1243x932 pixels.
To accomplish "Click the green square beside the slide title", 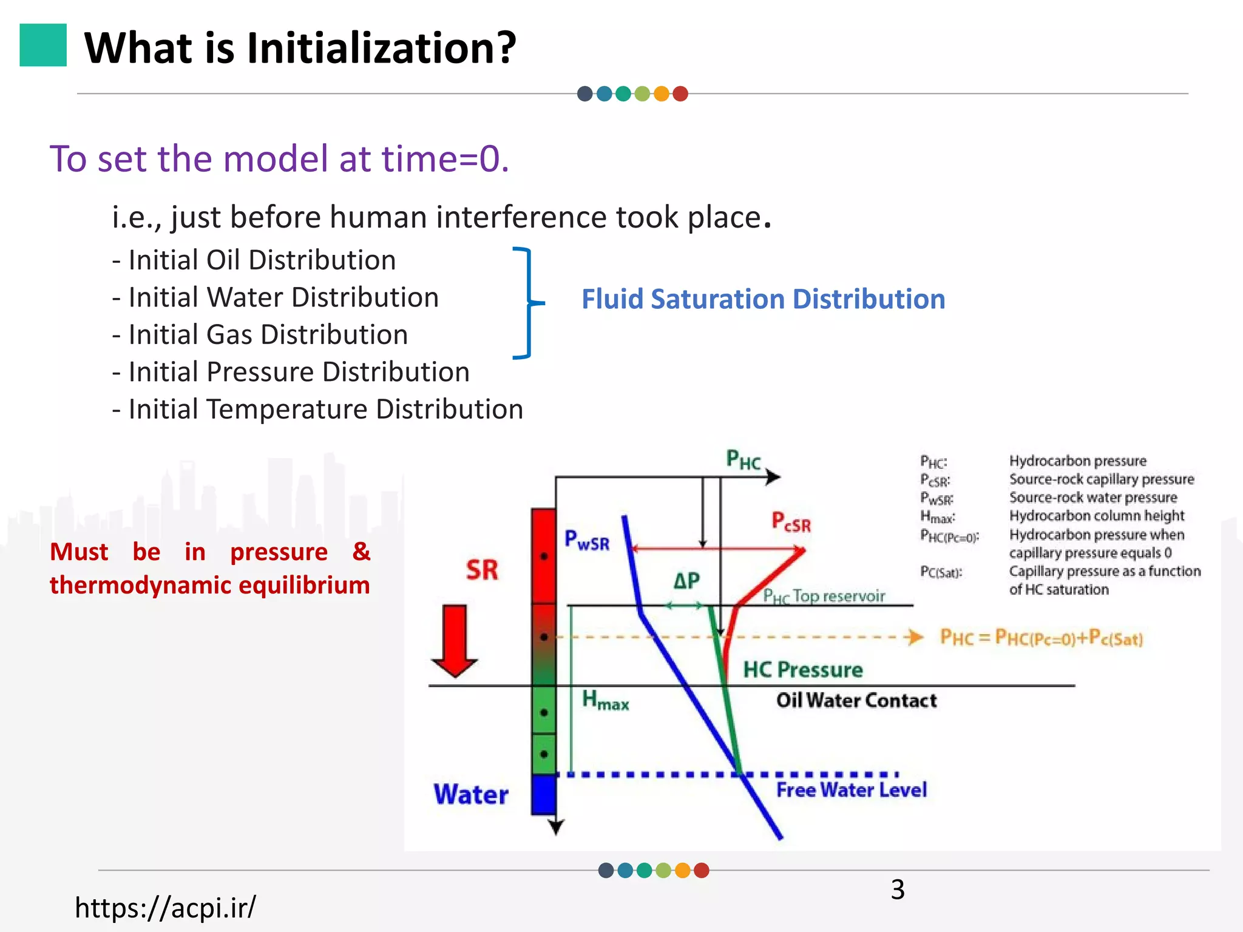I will pyautogui.click(x=43, y=45).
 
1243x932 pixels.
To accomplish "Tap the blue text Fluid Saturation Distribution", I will pyautogui.click(x=763, y=299).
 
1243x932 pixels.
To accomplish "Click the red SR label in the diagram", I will pyautogui.click(x=482, y=570).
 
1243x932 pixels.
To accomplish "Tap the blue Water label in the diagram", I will pyautogui.click(x=471, y=794).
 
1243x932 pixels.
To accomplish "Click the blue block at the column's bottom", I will pyautogui.click(x=543, y=794).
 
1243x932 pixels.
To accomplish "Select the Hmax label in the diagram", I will pyautogui.click(x=605, y=700).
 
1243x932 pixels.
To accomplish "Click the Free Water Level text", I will pyautogui.click(x=851, y=790).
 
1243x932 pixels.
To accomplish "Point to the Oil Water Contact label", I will pyautogui.click(x=856, y=700).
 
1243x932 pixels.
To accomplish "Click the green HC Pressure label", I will pyautogui.click(x=802, y=670).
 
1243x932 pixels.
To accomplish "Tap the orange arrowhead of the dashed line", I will pyautogui.click(x=914, y=637).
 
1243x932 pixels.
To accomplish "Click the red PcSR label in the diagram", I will pyautogui.click(x=790, y=522).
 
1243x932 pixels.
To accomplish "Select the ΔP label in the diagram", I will pyautogui.click(x=686, y=581).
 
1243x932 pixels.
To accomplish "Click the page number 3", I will pyautogui.click(x=898, y=890).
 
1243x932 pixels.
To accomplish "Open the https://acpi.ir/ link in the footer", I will pyautogui.click(x=165, y=908).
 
